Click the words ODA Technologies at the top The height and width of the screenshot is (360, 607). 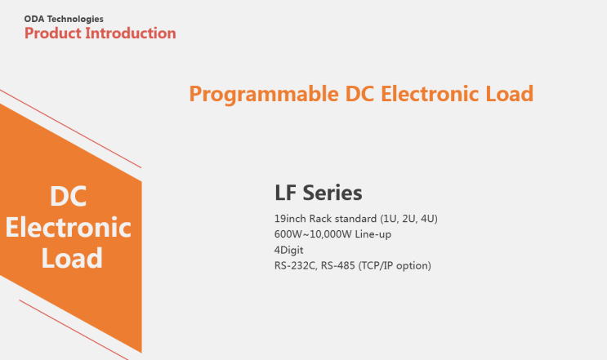(64, 18)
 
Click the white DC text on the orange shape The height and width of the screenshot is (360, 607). (69, 197)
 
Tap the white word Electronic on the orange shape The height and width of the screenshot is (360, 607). (69, 227)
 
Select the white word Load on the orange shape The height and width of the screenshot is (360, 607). (72, 258)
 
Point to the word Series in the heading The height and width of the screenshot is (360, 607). (333, 193)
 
